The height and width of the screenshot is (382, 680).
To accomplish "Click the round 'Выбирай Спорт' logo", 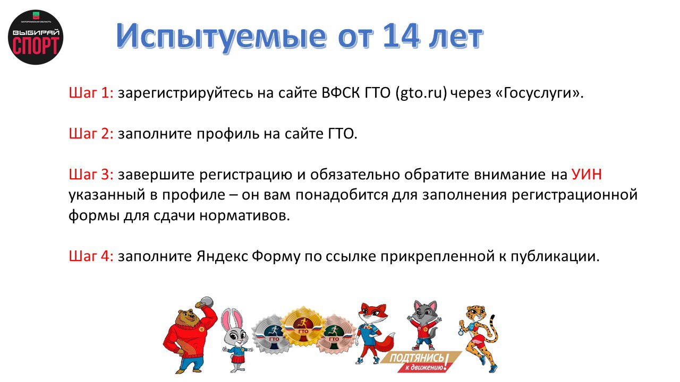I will (x=36, y=37).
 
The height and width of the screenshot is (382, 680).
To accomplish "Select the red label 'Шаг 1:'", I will (x=91, y=93).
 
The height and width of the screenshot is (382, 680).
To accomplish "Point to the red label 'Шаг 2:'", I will (x=91, y=134).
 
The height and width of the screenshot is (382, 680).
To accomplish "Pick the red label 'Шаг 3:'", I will (x=91, y=175).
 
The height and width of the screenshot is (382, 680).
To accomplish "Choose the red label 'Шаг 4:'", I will (x=91, y=256).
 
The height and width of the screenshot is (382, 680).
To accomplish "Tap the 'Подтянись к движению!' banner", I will (x=416, y=361).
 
